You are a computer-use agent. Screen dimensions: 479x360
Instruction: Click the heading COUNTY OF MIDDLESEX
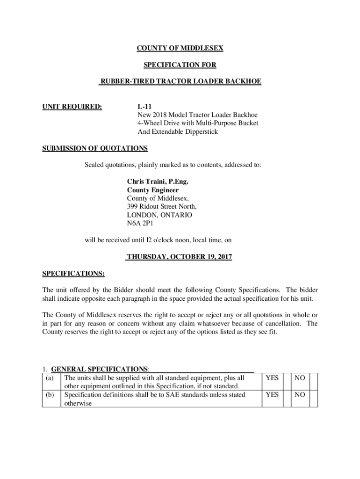(180, 48)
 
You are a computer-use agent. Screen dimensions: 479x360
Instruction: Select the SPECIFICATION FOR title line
(180, 65)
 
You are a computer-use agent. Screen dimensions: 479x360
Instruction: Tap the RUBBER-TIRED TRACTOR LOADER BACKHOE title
(180, 82)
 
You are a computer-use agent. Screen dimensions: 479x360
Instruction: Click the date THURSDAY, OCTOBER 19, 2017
(180, 257)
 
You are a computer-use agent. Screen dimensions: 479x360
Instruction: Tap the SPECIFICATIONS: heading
(73, 273)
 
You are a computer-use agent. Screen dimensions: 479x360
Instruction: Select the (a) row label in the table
(49, 377)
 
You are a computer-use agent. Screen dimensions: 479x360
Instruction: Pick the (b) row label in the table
(50, 395)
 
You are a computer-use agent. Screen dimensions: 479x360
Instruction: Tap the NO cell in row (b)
(300, 395)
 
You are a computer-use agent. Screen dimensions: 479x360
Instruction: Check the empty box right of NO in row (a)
(313, 381)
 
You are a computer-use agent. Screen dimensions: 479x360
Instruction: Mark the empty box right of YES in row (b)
(286, 399)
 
